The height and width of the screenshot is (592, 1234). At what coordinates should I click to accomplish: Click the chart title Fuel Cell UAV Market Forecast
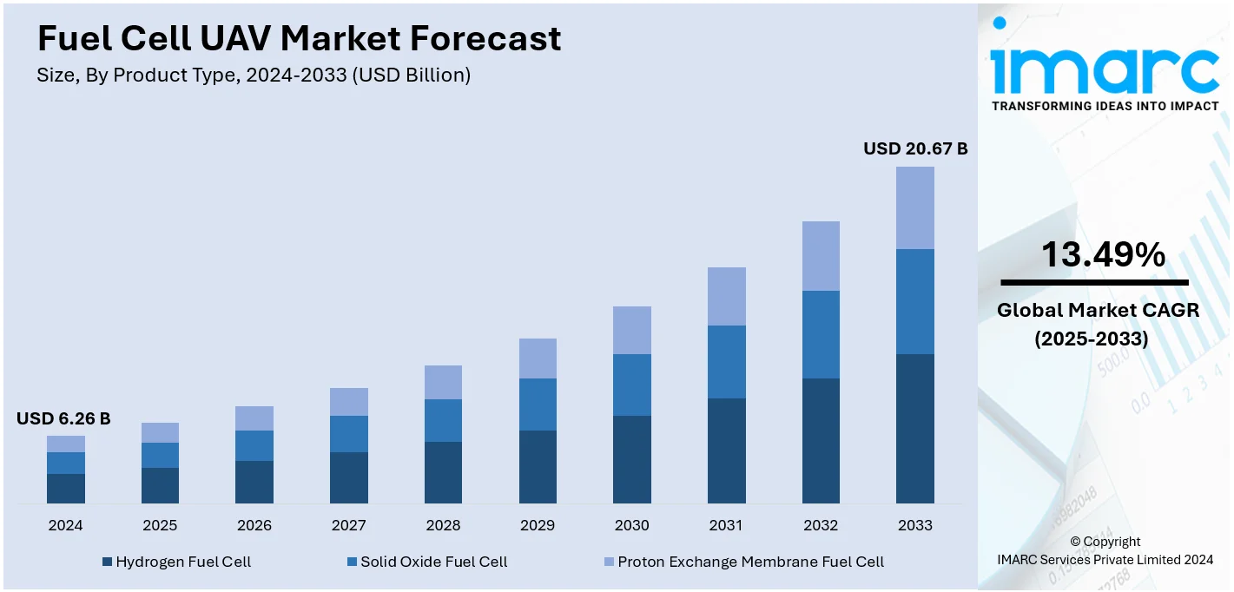click(299, 38)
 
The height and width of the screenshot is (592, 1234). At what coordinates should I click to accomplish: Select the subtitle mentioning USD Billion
click(254, 76)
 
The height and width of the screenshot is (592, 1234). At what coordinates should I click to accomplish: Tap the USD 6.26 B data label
click(63, 419)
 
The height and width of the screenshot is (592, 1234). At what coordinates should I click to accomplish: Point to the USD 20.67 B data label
click(914, 149)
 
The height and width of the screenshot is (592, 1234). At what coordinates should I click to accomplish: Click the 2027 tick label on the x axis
click(348, 525)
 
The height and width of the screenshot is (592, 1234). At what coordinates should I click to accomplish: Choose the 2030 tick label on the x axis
click(631, 525)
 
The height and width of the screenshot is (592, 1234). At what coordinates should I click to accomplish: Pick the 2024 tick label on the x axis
click(65, 525)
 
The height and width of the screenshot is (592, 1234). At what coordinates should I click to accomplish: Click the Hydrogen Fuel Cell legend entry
click(176, 562)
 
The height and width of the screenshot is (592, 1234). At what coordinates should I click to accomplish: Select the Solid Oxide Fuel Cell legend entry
click(426, 562)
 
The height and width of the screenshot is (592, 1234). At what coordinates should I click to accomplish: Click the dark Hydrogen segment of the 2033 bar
click(914, 428)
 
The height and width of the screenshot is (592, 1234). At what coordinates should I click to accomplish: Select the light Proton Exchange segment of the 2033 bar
click(914, 207)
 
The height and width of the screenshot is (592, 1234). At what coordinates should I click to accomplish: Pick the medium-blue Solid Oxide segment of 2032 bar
click(821, 334)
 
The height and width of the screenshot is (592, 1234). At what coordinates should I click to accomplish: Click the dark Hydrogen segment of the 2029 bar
click(538, 466)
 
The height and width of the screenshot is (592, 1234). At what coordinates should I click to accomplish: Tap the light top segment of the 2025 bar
click(160, 432)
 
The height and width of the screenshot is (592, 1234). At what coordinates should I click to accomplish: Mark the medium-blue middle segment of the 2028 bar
click(443, 420)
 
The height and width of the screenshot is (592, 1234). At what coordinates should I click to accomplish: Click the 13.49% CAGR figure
click(1103, 254)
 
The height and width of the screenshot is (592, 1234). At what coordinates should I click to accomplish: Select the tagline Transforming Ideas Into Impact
click(1105, 106)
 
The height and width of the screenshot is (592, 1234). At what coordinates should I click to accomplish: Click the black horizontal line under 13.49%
click(1094, 282)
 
